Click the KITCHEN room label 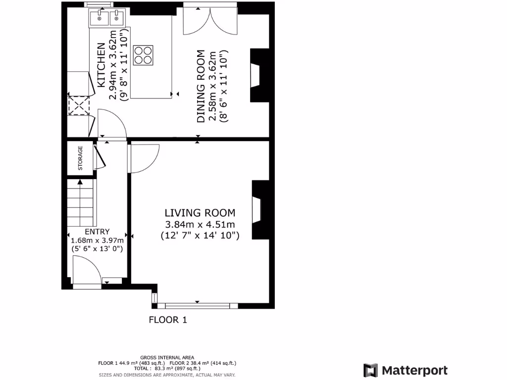click(x=101, y=66)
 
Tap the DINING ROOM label click(x=201, y=86)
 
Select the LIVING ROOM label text click(x=200, y=213)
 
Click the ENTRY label click(x=97, y=232)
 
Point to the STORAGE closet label click(x=80, y=158)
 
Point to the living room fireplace click(x=258, y=210)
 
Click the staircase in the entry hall click(x=80, y=203)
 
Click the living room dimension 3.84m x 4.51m click(x=200, y=225)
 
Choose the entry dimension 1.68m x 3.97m click(x=97, y=240)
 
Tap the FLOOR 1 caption click(x=168, y=320)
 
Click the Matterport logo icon click(x=370, y=370)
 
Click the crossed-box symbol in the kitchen click(x=77, y=105)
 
